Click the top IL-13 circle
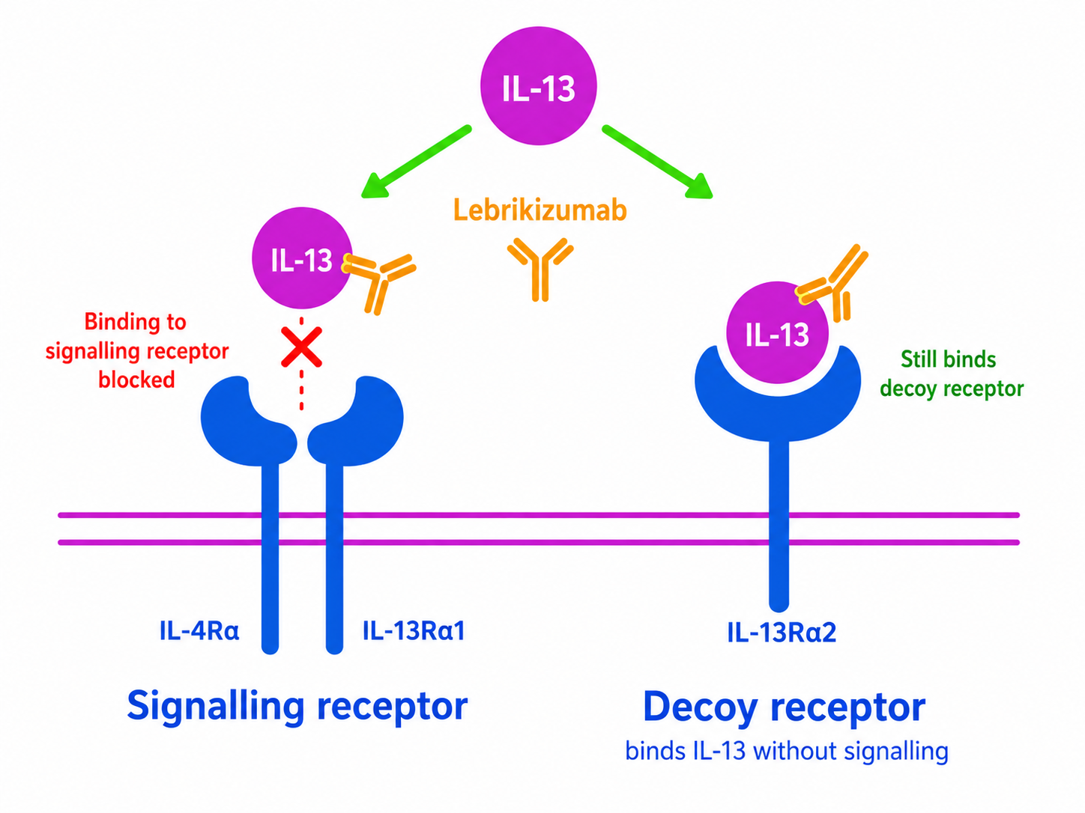538,86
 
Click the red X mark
301,347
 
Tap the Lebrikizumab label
540,210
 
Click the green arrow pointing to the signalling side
416,162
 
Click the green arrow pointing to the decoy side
657,162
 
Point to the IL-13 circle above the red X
302,258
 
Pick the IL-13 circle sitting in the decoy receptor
777,332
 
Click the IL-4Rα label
199,631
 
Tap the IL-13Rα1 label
414,631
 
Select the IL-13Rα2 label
782,633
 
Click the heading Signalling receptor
297,707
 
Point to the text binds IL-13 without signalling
787,751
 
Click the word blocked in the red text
136,380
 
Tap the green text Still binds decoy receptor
952,374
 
